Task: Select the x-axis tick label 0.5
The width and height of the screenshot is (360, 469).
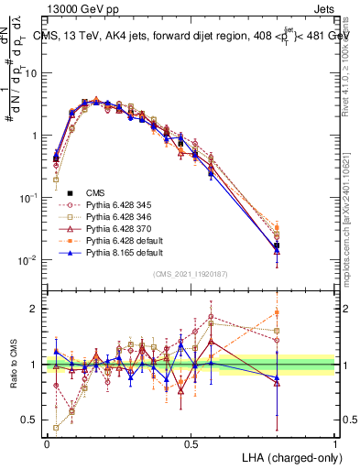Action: [191, 442]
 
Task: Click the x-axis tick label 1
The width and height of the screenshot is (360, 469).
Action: [335, 442]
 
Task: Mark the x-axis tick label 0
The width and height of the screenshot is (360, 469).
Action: [47, 442]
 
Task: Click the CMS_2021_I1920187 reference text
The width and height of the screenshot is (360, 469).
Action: [191, 275]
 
